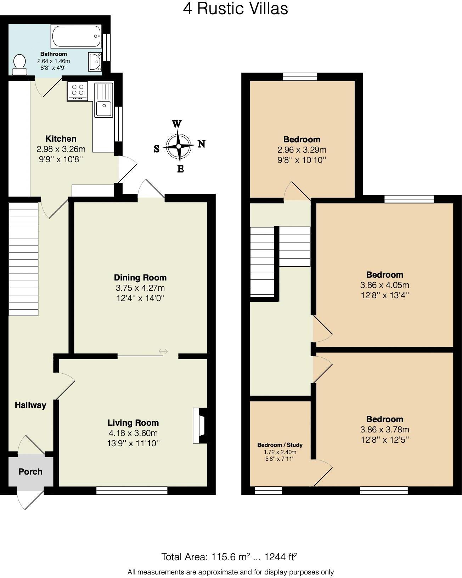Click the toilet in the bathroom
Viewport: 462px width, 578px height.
[x=19, y=64]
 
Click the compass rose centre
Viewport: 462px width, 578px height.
[x=179, y=146]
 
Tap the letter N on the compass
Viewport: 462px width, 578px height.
[x=201, y=144]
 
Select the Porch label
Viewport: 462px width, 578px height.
[x=30, y=472]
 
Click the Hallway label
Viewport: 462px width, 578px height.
[x=30, y=405]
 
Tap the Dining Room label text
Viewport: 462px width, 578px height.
[x=140, y=278]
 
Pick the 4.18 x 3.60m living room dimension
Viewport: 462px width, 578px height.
[x=133, y=433]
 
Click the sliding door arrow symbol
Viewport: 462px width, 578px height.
[x=163, y=351]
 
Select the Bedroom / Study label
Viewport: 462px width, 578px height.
[x=280, y=445]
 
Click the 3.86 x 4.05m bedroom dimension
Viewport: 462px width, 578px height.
[x=384, y=285]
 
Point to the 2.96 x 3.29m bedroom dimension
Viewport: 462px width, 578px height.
[x=302, y=149]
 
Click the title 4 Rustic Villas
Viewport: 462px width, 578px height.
[x=235, y=8]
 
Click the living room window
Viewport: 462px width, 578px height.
[x=131, y=491]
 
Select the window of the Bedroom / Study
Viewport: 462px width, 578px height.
[x=269, y=491]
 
